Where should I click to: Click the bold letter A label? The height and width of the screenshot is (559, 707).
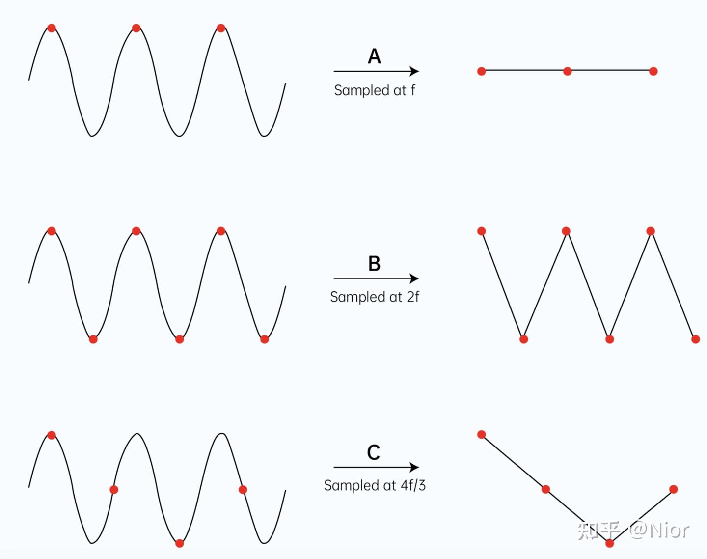(x=374, y=56)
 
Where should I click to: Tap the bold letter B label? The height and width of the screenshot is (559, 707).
(x=374, y=264)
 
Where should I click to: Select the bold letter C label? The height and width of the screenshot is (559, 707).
(x=374, y=452)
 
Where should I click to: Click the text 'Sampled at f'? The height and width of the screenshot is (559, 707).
(x=375, y=90)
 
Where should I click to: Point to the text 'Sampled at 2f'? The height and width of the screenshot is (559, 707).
(x=375, y=297)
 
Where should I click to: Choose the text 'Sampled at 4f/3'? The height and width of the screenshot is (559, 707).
(x=375, y=485)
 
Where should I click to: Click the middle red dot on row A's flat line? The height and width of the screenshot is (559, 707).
(x=568, y=71)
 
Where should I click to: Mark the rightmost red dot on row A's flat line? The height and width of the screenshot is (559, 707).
(x=653, y=71)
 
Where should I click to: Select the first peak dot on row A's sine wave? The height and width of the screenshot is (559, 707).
(x=52, y=28)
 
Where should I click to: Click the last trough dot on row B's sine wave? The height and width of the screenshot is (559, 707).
(x=265, y=339)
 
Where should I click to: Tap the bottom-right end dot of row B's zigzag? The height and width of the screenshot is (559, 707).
(x=695, y=339)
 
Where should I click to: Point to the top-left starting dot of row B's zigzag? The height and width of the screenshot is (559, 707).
(x=482, y=231)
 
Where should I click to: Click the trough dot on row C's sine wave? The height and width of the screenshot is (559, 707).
(x=180, y=543)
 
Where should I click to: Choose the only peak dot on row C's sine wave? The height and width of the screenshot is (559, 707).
(x=52, y=435)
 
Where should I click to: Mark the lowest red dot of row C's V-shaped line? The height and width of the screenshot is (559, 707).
(x=610, y=543)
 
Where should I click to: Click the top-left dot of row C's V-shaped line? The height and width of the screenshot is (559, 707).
(x=482, y=434)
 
